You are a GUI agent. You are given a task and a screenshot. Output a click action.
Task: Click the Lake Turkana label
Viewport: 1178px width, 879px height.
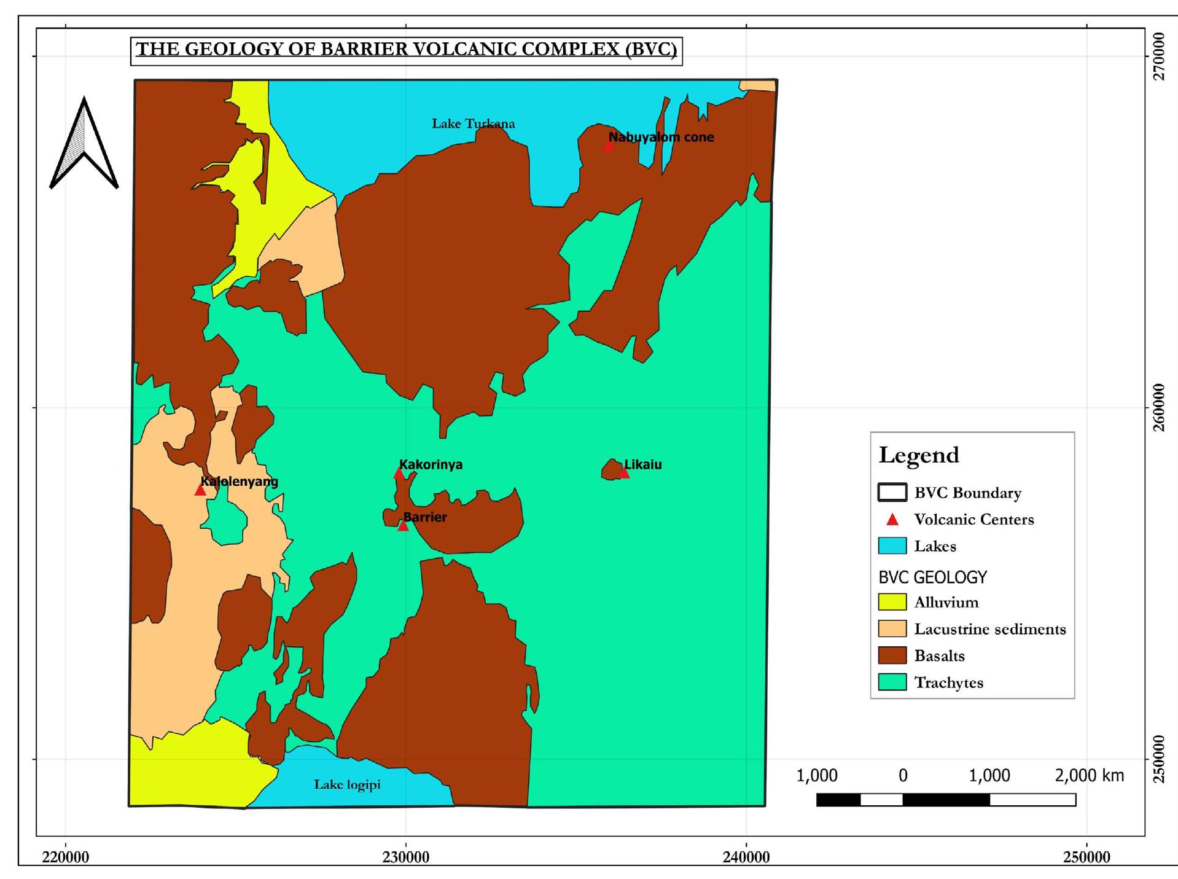tap(473, 123)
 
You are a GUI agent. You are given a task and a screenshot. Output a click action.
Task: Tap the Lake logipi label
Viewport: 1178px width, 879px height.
tap(347, 784)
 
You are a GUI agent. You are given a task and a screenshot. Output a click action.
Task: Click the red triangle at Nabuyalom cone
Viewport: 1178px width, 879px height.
tap(608, 146)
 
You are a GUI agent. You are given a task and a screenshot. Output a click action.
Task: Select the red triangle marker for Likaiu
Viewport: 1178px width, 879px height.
tap(624, 472)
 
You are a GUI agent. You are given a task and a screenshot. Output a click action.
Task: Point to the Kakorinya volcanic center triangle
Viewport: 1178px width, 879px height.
tap(399, 473)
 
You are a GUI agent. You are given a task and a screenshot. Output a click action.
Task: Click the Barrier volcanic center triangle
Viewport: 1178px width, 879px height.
tap(403, 526)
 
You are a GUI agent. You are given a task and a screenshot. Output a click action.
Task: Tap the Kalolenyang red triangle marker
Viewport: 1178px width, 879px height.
tap(200, 490)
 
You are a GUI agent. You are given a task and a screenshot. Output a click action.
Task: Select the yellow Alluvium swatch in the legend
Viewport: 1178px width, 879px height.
tap(892, 602)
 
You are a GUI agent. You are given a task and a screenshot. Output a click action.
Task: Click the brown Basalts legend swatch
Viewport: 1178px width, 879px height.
tap(892, 655)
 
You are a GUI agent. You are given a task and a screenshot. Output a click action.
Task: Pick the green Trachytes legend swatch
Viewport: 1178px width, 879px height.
tap(892, 682)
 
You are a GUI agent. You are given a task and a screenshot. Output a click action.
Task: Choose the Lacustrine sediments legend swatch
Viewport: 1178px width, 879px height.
tap(892, 628)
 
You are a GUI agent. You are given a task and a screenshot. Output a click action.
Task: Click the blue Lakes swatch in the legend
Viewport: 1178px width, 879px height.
tap(892, 546)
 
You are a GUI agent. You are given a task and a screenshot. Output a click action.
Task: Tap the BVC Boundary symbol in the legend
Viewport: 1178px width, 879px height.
tap(892, 493)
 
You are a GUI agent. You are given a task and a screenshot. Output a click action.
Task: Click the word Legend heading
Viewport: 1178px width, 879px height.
tap(918, 455)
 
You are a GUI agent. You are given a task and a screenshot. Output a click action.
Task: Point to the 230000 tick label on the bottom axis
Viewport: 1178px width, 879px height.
tap(405, 858)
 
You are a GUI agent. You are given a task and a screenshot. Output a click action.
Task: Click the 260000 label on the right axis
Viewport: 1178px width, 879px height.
tap(1158, 407)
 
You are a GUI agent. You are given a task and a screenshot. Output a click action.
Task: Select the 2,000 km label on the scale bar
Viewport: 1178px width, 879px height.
tap(1089, 776)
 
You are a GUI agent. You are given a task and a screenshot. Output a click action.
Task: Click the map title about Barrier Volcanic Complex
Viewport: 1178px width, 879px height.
tap(406, 50)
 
